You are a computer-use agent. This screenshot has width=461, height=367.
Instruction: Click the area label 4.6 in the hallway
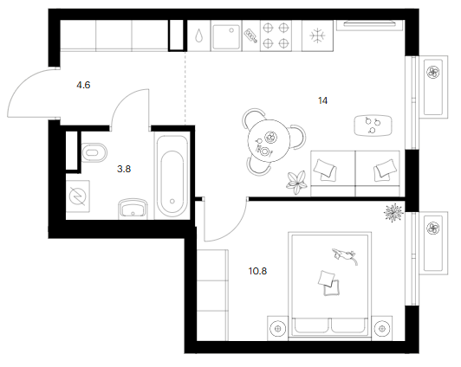83,85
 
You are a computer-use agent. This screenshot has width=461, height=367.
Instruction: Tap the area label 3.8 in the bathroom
124,169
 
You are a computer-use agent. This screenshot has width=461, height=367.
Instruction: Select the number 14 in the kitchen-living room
322,100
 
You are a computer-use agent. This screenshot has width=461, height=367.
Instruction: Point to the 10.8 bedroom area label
257,271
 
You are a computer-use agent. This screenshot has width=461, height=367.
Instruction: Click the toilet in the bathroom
94,152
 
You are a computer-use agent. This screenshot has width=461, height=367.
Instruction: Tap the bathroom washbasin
133,209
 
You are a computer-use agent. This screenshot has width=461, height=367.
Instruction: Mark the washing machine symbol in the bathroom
78,196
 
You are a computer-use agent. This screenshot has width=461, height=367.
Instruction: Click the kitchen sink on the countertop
226,36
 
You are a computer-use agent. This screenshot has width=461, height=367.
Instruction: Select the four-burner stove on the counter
276,35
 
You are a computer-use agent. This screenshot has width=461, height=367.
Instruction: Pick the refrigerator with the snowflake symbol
317,36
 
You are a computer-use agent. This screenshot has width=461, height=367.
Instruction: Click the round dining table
269,141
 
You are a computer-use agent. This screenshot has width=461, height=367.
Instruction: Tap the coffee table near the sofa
373,126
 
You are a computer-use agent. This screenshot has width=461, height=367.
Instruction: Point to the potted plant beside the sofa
297,183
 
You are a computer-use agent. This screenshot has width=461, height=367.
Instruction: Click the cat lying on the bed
345,255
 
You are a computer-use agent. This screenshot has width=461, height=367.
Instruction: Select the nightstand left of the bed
277,328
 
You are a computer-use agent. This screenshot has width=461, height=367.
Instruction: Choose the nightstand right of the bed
381,328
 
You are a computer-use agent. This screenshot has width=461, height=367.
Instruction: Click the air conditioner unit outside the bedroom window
433,243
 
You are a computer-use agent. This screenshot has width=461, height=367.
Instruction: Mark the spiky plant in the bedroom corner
393,213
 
